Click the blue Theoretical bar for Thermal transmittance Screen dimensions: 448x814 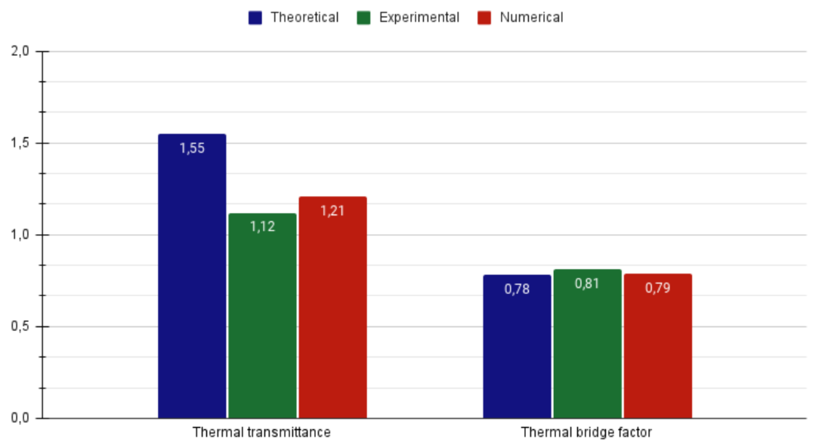tap(192, 283)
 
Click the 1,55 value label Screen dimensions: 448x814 tap(192, 148)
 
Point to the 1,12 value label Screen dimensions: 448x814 tap(262, 226)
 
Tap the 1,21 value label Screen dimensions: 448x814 tap(332, 211)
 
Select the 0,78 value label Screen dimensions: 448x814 tap(517, 289)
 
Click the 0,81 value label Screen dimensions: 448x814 tap(587, 283)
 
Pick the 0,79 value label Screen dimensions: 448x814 tap(657, 288)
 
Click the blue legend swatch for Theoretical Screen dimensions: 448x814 tap(255, 18)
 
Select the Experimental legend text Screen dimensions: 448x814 tap(419, 17)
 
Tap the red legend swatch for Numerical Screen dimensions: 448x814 tap(484, 18)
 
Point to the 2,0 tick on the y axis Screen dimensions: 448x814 tap(20, 51)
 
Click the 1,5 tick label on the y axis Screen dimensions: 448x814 tap(20, 143)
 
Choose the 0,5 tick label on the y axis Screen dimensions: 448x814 tap(20, 326)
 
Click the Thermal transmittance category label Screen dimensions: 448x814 tap(262, 432)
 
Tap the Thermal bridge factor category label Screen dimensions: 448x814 tap(586, 432)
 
